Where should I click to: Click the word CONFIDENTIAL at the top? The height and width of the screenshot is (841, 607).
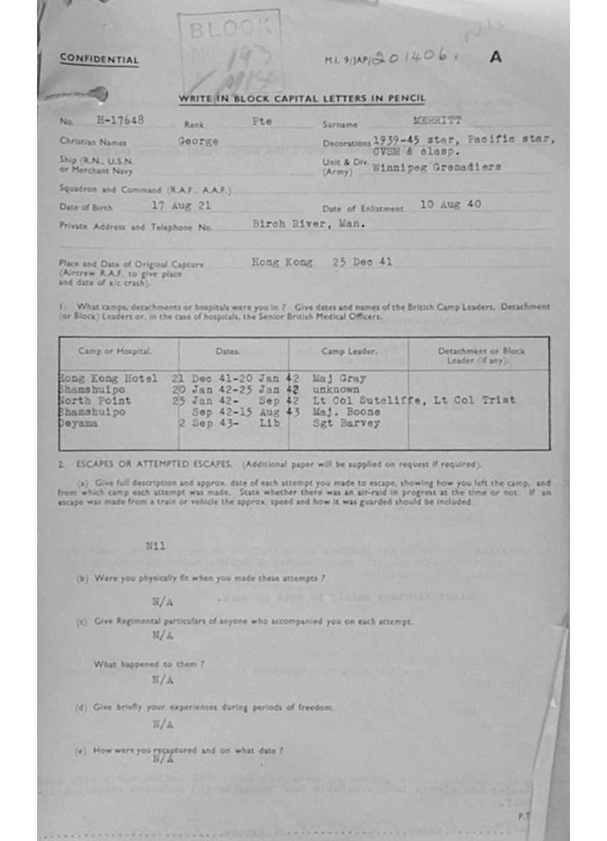coord(99,59)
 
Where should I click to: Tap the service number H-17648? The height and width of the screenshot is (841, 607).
coord(120,119)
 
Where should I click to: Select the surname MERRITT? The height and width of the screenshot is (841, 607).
coord(437,120)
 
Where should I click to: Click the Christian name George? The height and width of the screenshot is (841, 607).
coord(198,140)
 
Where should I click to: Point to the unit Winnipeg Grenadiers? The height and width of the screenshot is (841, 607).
coord(436,167)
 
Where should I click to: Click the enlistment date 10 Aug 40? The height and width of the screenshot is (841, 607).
coord(450,204)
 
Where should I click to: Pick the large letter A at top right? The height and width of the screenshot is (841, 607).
coord(494,57)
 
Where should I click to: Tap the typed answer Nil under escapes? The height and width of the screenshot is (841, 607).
coord(155,545)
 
